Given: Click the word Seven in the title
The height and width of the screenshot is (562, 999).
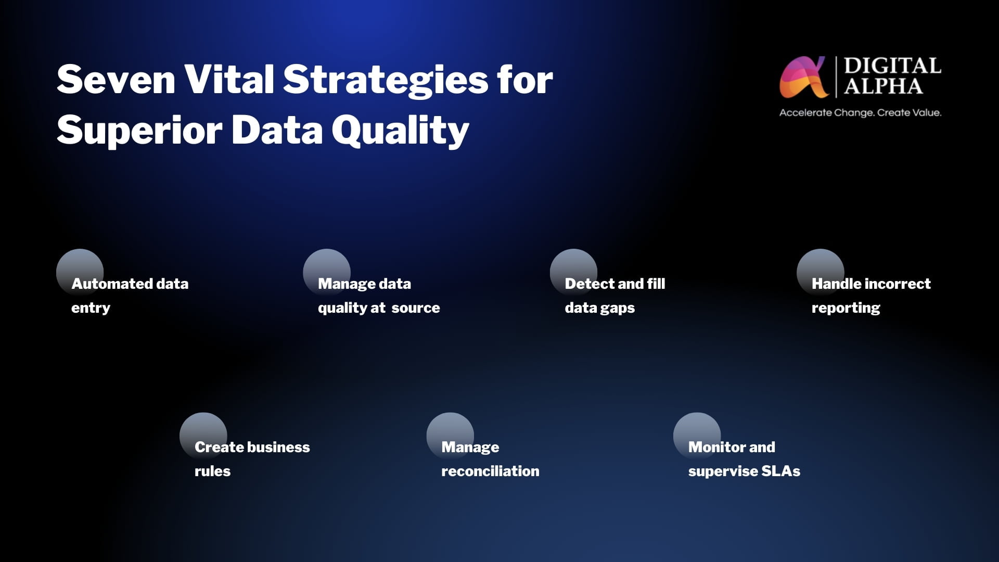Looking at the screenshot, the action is point(116,80).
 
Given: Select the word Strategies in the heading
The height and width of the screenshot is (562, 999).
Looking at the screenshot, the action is point(386,82).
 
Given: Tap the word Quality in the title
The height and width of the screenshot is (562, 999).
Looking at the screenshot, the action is point(401,131).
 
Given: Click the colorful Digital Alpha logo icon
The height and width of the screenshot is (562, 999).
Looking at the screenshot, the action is point(803,77).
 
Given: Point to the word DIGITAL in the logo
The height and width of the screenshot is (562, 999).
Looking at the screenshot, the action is point(892,66).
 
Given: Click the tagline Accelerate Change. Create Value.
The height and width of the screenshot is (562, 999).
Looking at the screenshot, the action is point(860,112).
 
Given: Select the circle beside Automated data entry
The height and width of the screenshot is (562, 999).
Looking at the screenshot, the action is point(80,273).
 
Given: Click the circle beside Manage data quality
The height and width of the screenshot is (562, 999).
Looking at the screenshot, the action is point(327,273).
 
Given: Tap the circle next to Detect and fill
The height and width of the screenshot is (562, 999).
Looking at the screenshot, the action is point(573,273).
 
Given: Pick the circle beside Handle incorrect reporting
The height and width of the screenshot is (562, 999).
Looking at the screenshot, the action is point(821,273).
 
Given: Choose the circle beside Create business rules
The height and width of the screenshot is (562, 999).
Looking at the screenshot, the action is point(203,436).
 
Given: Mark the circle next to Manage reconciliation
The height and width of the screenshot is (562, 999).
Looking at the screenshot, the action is point(450,436).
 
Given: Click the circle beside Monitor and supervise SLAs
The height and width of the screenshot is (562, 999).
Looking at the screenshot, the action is point(697,436).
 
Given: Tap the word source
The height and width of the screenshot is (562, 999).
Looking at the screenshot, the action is point(416,308).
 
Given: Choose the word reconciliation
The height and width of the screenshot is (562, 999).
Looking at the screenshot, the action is point(490,471).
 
